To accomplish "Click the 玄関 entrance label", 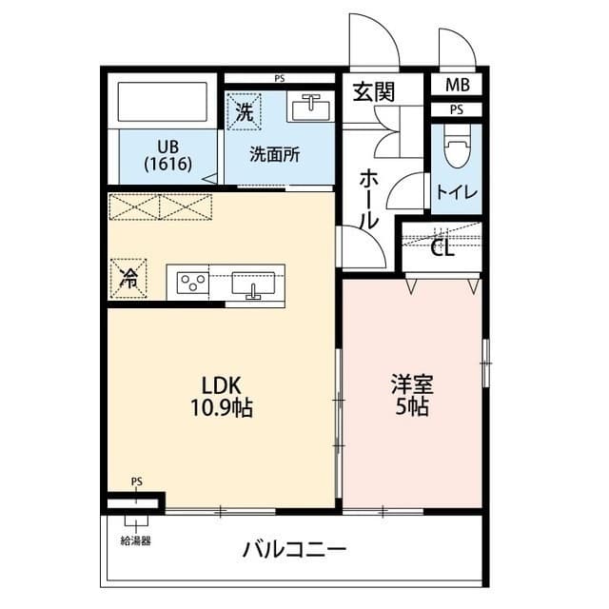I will point(375,91).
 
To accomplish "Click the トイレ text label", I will point(458,191).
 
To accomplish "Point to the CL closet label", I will point(442,249).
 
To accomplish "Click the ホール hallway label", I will point(369,198).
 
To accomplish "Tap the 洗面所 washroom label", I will point(275,155).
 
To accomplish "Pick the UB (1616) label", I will point(168,155).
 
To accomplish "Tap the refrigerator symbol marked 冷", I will point(128,277).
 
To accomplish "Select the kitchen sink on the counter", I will point(253,284).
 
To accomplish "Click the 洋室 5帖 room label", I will point(412,396).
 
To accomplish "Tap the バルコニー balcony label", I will point(294,550).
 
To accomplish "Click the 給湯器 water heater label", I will point(136,540).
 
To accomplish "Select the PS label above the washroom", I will point(280,78).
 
